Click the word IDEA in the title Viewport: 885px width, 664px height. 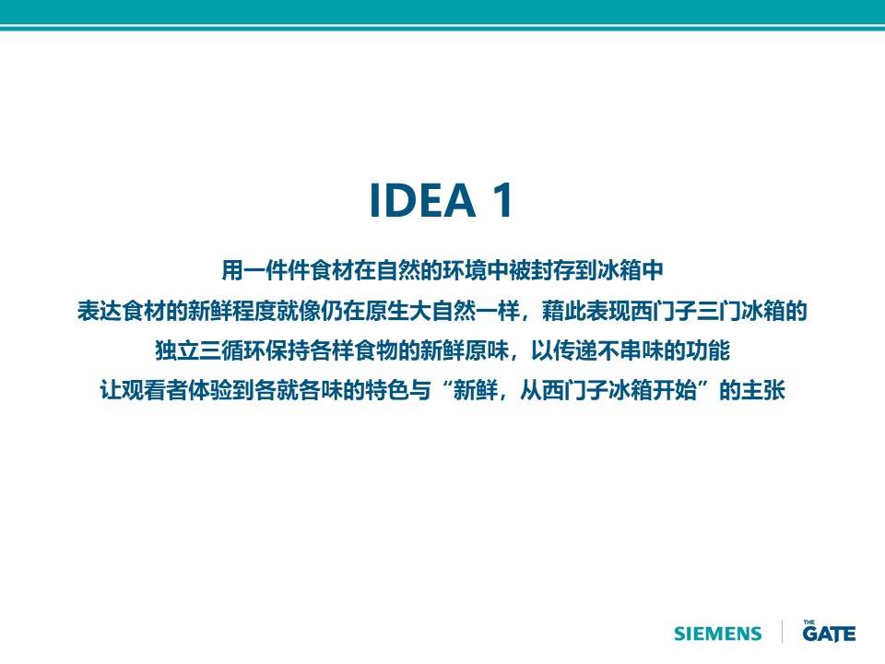coord(422,200)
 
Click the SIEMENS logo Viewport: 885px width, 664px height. coord(718,634)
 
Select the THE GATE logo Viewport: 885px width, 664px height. coord(829,631)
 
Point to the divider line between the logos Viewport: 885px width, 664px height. coord(783,631)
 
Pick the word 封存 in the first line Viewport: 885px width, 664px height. coord(552,270)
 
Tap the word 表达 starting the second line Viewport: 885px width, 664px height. coord(100,311)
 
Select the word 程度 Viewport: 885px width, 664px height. coord(254,311)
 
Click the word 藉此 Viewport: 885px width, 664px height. coord(564,311)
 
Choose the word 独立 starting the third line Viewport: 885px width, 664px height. coord(177,350)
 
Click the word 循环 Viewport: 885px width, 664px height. coord(243,350)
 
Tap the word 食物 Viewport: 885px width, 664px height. coord(376,350)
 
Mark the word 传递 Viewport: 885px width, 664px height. coord(575,350)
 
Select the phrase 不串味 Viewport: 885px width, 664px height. coord(631,350)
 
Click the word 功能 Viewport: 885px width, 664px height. coord(708,350)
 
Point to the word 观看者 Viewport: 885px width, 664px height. coord(155,390)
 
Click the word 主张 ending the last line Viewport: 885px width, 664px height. coord(763,390)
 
